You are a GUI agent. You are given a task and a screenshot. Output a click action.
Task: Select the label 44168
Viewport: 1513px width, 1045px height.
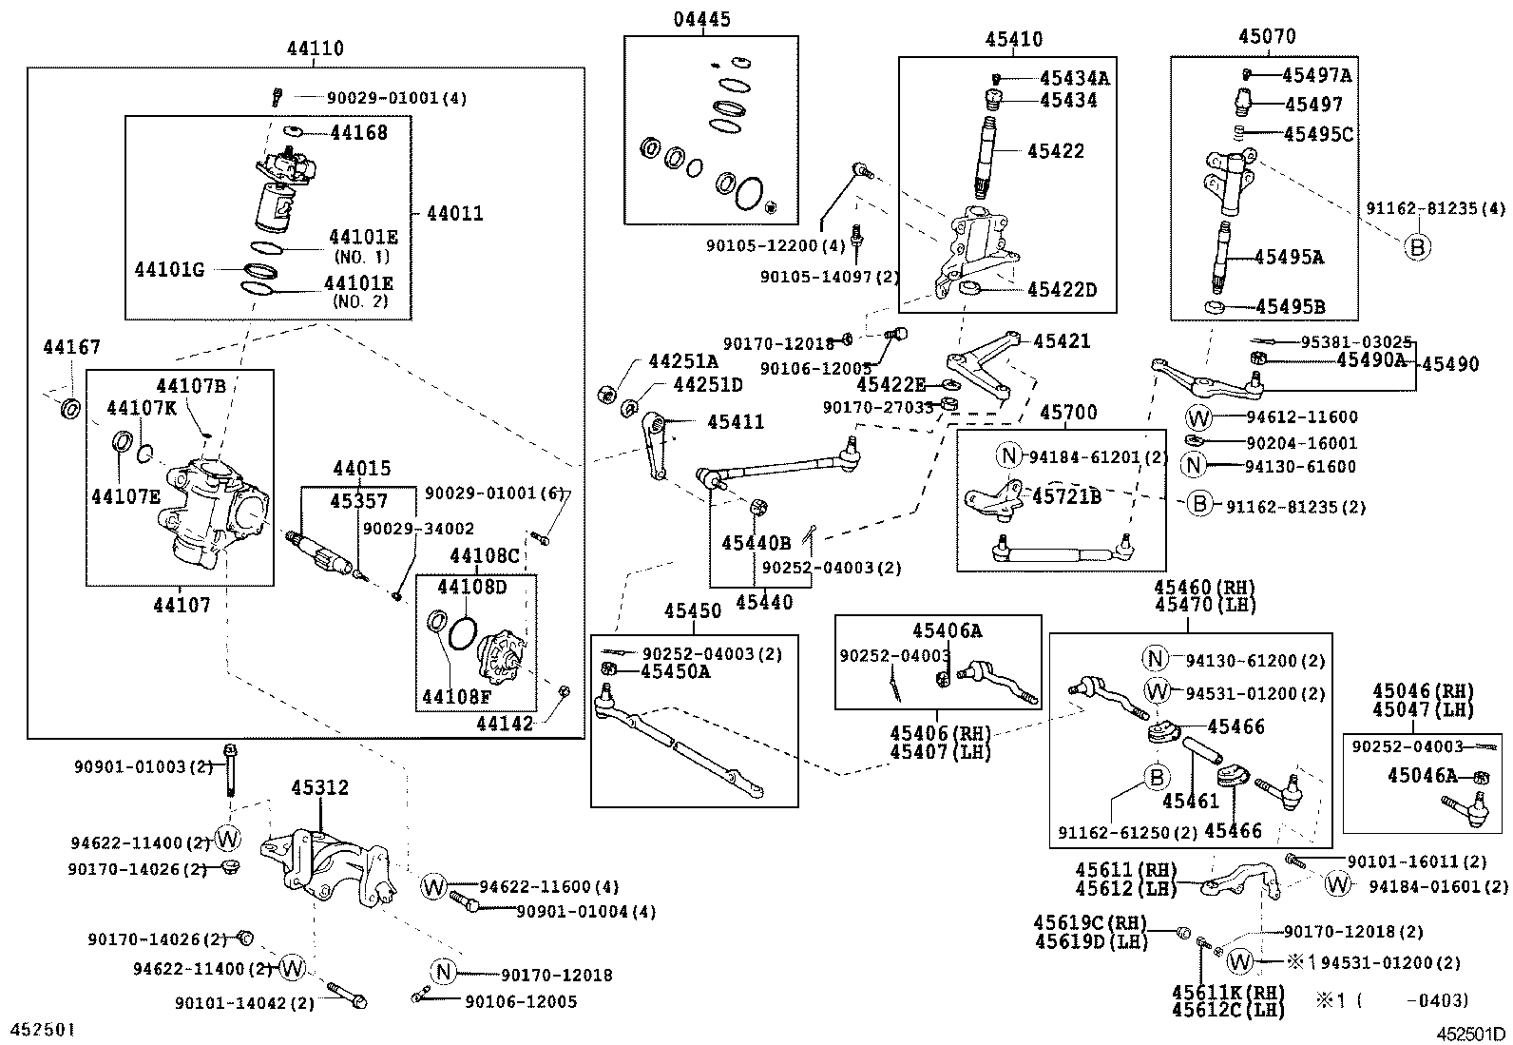tap(358, 132)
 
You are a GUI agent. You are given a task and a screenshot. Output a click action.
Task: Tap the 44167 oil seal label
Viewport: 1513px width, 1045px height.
tap(70, 348)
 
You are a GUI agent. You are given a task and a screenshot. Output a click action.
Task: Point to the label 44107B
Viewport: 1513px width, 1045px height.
tap(190, 385)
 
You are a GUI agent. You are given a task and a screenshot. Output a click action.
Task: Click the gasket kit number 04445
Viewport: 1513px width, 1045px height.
tap(702, 20)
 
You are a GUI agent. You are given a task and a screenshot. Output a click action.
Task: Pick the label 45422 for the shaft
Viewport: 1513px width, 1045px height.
tap(1055, 151)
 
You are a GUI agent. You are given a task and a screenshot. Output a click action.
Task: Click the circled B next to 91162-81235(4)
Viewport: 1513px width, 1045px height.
tap(1417, 246)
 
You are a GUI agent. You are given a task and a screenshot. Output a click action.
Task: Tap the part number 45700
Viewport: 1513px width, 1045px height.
tap(1067, 413)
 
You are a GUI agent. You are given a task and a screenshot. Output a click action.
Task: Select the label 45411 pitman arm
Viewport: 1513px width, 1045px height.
tap(735, 422)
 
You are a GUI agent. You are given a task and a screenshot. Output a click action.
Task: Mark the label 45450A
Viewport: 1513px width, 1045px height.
tap(675, 671)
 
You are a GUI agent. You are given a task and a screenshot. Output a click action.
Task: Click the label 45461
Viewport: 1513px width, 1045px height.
tap(1190, 802)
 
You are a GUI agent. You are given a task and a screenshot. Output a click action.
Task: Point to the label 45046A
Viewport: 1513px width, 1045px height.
tap(1421, 776)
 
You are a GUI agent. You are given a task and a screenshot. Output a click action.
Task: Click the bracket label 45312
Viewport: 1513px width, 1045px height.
tap(319, 788)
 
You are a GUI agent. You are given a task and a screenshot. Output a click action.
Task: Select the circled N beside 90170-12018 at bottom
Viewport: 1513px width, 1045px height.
tap(443, 972)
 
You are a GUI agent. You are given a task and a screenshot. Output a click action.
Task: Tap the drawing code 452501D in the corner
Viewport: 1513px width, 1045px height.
tap(1470, 1034)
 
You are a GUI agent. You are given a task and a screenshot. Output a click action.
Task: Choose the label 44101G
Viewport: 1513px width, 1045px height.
tap(169, 270)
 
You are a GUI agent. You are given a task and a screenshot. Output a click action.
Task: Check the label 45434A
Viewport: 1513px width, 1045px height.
tap(1074, 78)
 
